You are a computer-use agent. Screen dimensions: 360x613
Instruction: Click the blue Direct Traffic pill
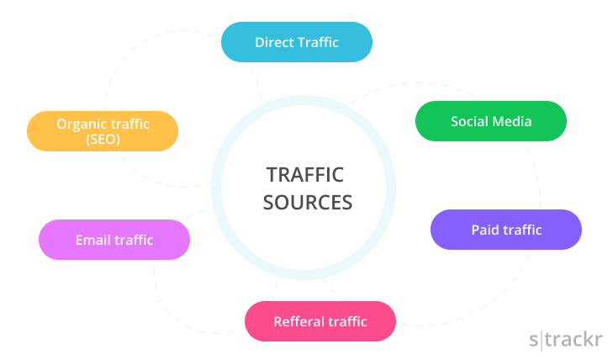point(296,42)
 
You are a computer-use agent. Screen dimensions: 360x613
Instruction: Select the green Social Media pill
point(491,121)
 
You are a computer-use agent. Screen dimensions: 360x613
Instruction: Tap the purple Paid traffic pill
point(505,230)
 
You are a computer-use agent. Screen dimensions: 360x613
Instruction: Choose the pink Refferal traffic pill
point(320,321)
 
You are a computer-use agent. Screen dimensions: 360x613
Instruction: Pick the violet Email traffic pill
point(114,240)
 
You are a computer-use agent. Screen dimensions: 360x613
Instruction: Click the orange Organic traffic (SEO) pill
point(103,131)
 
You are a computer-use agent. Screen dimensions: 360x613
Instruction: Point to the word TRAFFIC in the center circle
point(305,174)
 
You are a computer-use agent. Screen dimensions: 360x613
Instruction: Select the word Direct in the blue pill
point(275,42)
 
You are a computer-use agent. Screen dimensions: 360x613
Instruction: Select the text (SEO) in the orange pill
point(103,140)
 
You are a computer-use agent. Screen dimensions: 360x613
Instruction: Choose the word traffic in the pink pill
point(347,321)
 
